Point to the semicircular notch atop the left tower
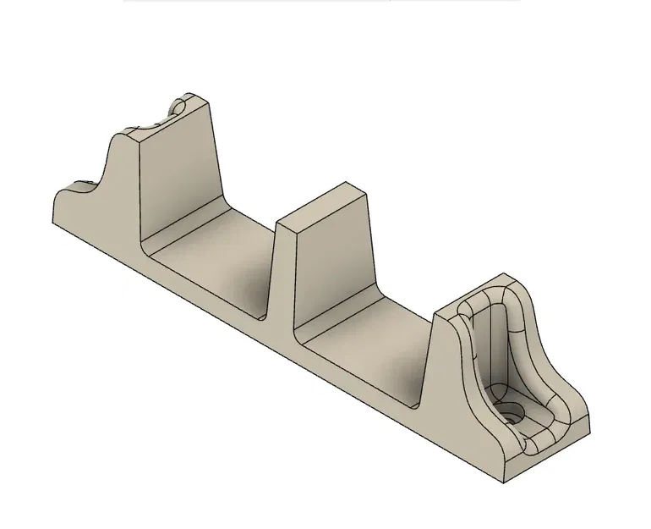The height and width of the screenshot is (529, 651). [177, 109]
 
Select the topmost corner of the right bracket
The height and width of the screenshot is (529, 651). [505, 274]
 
